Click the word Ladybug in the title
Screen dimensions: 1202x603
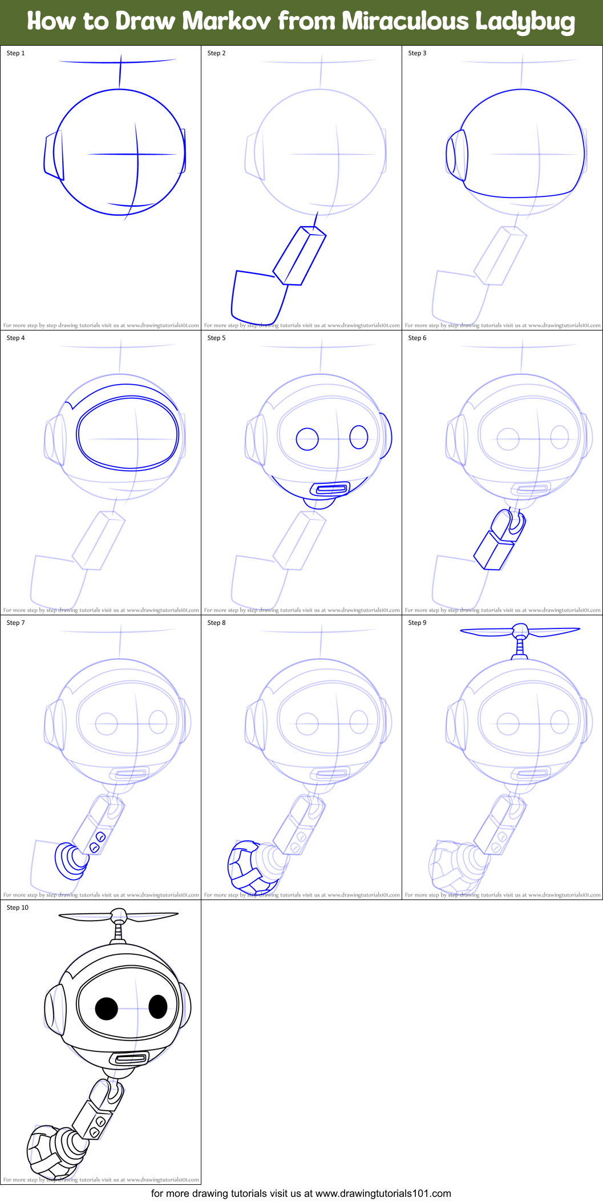pyautogui.click(x=524, y=22)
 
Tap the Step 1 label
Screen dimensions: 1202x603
pyautogui.click(x=15, y=53)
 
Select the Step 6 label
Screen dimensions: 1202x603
pyautogui.click(x=417, y=338)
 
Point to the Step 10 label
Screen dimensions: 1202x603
pyautogui.click(x=17, y=907)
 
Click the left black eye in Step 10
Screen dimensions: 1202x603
pyautogui.click(x=106, y=1009)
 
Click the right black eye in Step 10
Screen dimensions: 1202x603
pyautogui.click(x=158, y=1007)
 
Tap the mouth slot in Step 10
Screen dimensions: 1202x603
pyautogui.click(x=131, y=1059)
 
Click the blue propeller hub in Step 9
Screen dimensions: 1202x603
pyautogui.click(x=520, y=631)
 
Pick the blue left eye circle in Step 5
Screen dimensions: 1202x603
pyautogui.click(x=307, y=439)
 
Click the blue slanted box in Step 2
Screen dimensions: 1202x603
pyautogui.click(x=300, y=256)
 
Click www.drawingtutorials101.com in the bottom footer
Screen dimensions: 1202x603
pyautogui.click(x=383, y=1193)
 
